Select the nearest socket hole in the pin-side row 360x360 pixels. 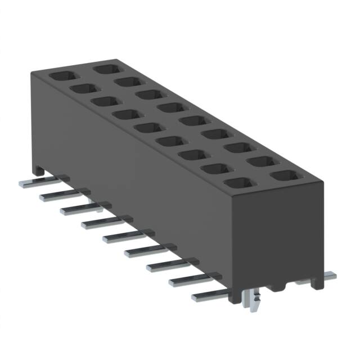tap(237, 183)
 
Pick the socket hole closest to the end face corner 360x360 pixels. tap(283, 176)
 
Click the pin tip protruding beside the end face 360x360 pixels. tap(329, 276)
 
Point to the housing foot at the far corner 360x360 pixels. tap(38, 167)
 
